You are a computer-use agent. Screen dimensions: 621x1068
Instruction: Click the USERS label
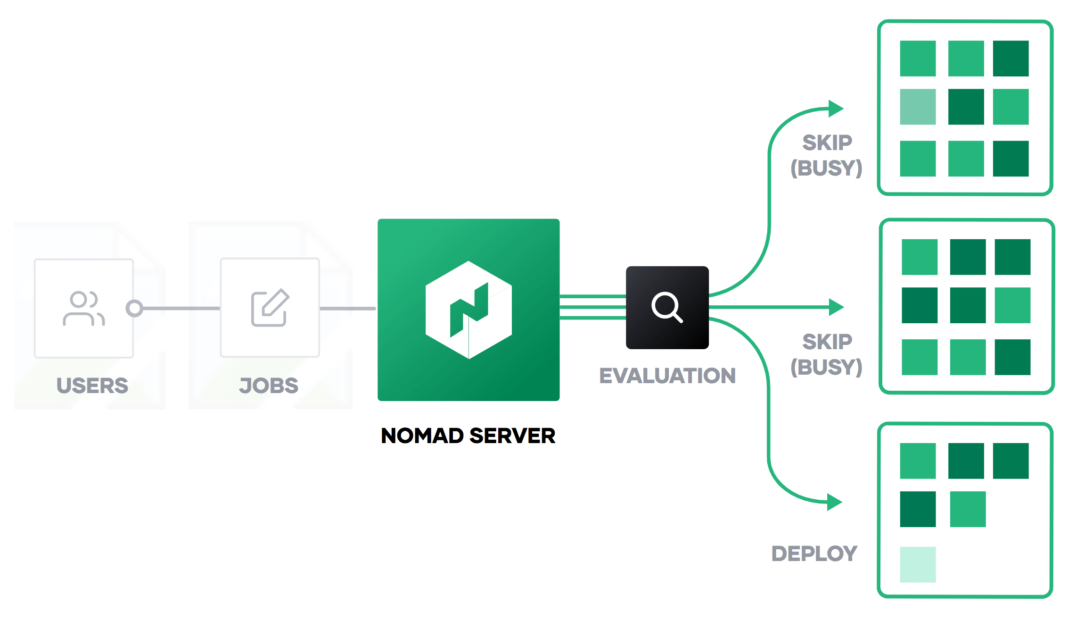coord(92,386)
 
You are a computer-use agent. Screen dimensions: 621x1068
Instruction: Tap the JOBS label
coord(269,386)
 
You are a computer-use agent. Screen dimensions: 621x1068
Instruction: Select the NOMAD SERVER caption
coord(468,436)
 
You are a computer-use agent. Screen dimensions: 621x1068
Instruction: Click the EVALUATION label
coord(667,376)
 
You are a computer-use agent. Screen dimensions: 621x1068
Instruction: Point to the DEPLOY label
coord(814,554)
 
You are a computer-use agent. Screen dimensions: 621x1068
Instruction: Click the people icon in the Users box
coord(84,309)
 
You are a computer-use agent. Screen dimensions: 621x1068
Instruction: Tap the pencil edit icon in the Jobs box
coord(270,308)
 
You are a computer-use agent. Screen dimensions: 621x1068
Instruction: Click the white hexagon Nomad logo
coord(468,310)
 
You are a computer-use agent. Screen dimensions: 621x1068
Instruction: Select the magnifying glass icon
coord(667,307)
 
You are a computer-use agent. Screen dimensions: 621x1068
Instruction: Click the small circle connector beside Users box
coord(134,308)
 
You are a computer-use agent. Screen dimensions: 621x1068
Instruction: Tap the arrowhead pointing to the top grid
coord(835,109)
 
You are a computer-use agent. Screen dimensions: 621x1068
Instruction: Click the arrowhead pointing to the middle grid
coord(836,307)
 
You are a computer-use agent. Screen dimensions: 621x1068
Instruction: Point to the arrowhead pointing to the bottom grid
coord(834,502)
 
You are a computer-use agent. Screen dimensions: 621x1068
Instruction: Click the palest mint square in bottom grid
coord(917,564)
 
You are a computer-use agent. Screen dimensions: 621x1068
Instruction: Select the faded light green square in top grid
coord(917,107)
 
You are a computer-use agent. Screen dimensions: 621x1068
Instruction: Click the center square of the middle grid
coord(968,305)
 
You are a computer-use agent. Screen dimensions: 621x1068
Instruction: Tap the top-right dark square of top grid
coord(1010,59)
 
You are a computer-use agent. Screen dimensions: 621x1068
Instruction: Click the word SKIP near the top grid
coord(827,143)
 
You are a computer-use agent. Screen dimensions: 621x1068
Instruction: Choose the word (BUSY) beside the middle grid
coord(826,367)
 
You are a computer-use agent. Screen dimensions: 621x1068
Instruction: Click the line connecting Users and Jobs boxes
coord(181,309)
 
